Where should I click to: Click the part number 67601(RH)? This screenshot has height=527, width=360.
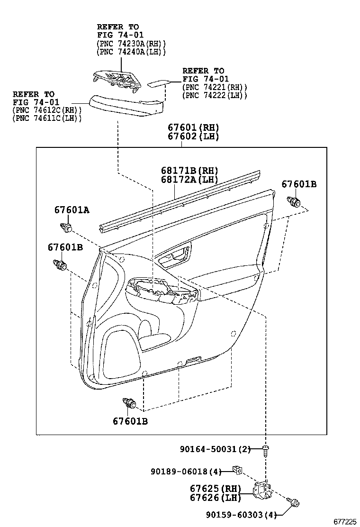point(193,127)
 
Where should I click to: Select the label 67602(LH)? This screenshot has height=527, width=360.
point(193,136)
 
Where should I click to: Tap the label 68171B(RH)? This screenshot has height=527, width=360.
point(189,171)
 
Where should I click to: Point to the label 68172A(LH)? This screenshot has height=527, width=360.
point(189,180)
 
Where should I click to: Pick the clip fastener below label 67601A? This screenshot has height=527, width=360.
point(66,227)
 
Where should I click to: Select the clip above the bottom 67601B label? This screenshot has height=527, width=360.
point(129,403)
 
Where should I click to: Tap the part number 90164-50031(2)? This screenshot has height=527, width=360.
point(215,449)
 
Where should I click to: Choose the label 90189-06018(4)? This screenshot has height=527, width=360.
point(186,472)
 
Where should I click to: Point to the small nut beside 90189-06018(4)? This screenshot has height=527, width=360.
point(238,470)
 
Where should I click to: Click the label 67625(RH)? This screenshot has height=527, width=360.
point(216,489)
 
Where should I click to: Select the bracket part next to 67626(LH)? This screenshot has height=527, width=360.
point(262,491)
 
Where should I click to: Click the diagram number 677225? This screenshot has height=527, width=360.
point(344,521)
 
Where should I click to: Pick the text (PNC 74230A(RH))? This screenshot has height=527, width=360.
point(131,43)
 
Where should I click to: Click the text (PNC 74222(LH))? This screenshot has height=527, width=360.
point(215,95)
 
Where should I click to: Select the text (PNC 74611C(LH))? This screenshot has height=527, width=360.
point(47,118)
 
